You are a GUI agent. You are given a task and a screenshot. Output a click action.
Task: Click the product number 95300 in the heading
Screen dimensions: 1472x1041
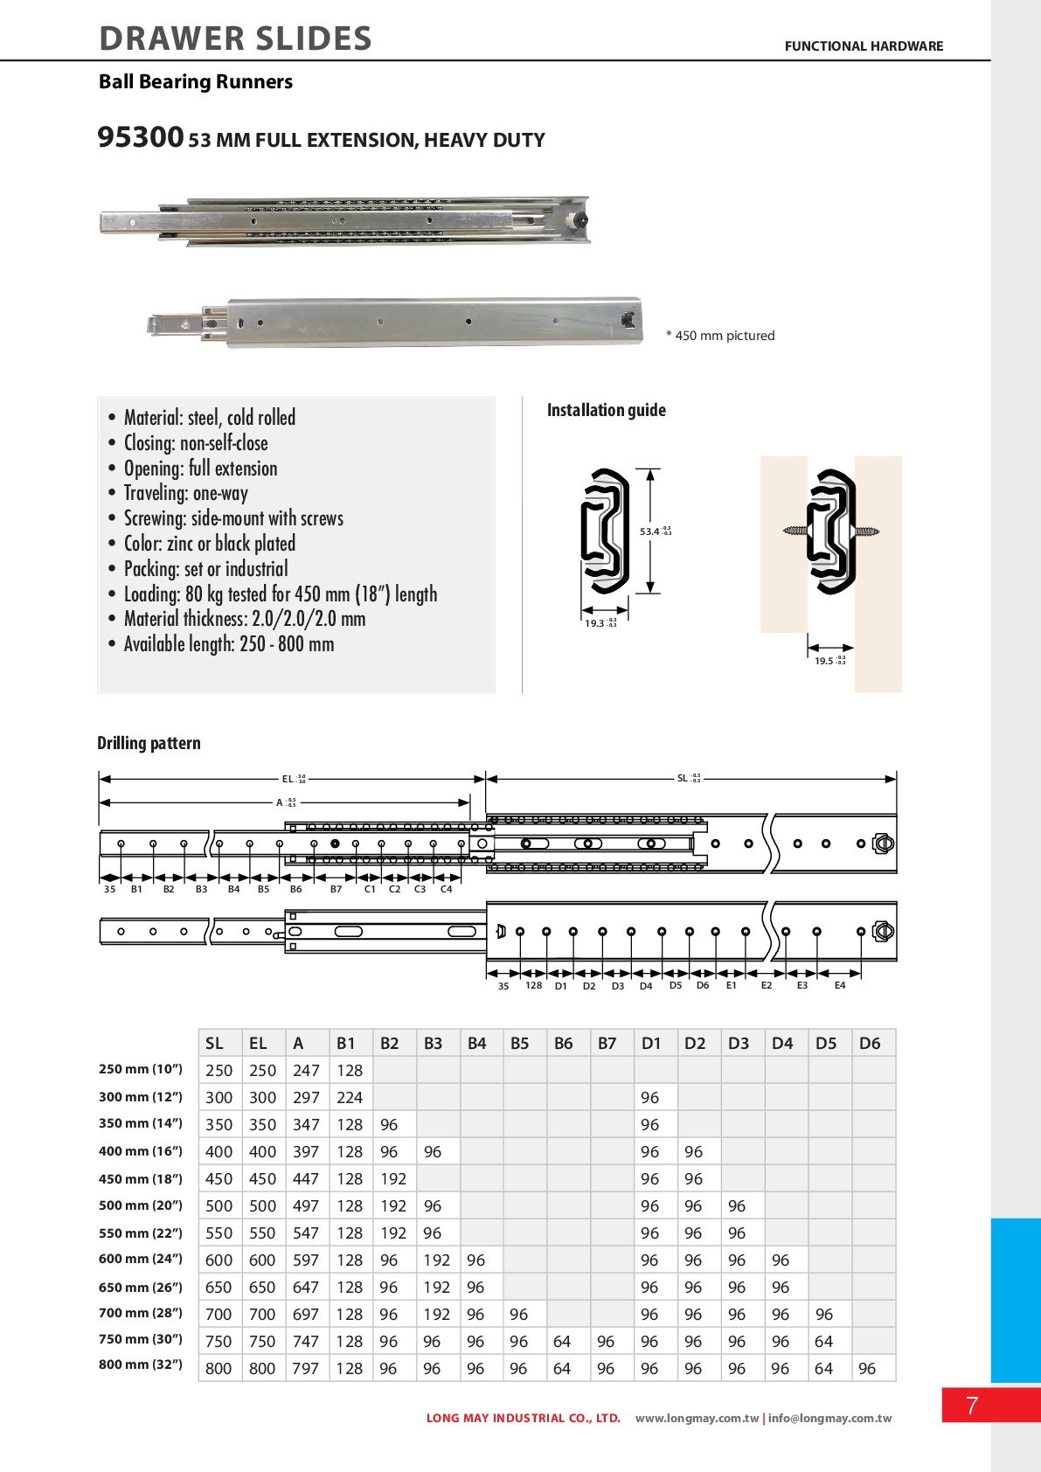(x=140, y=138)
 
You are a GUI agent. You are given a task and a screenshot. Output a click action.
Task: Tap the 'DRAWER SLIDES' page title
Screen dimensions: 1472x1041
(x=235, y=39)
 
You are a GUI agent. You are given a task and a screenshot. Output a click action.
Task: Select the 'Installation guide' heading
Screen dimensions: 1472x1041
(x=606, y=410)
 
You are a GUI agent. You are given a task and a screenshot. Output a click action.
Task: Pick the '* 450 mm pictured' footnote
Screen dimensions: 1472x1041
(x=720, y=336)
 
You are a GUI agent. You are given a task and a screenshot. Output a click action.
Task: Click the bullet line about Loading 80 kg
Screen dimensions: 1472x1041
(x=280, y=594)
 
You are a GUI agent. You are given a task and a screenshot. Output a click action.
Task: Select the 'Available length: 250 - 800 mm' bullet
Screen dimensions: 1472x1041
(x=228, y=644)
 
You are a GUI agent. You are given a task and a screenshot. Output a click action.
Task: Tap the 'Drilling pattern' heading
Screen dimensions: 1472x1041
(x=149, y=743)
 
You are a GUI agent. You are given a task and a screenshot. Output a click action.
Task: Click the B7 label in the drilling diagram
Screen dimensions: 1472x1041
(x=337, y=889)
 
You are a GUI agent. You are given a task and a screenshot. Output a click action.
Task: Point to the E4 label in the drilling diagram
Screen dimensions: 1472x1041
(x=840, y=985)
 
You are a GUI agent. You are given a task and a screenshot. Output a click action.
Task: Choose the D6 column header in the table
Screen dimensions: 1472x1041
(x=870, y=1043)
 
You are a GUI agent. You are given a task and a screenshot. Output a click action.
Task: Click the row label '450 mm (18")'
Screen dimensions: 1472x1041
(x=141, y=1178)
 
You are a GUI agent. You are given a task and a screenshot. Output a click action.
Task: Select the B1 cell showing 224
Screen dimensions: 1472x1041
(x=350, y=1098)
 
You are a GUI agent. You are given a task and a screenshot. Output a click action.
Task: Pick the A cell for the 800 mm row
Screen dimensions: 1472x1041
(x=306, y=1369)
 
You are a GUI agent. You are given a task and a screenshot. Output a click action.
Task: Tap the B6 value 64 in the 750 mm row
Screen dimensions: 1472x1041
(x=562, y=1342)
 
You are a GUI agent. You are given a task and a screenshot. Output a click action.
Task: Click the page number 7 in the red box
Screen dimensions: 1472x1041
(x=972, y=1406)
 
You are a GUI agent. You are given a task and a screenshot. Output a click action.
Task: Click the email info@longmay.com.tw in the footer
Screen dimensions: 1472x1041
(x=829, y=1419)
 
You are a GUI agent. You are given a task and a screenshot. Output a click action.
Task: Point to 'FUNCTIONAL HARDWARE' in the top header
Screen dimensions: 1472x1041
(x=864, y=46)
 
